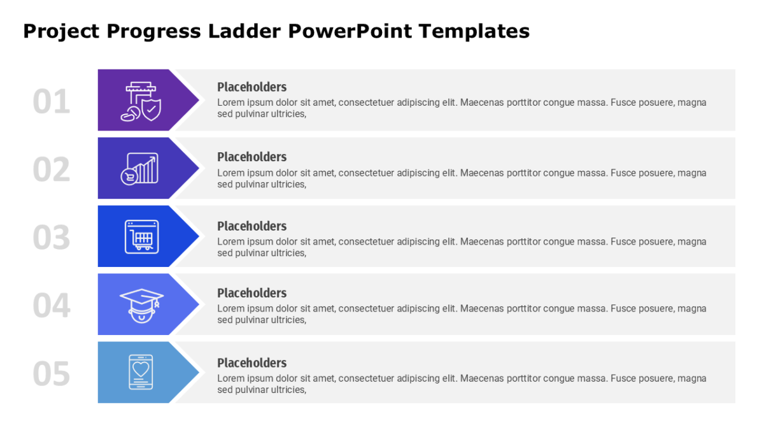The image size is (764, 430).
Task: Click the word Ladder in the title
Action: pos(244,31)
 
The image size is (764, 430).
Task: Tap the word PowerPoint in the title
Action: pos(350,31)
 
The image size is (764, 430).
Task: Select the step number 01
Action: pos(52,101)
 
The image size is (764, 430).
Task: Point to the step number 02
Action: pos(52,169)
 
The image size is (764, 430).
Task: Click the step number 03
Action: pos(52,237)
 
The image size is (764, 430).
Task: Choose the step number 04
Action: pos(52,305)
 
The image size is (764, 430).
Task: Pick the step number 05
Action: pos(52,374)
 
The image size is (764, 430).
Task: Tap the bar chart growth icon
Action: pos(140,169)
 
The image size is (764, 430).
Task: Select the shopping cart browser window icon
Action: pos(141,237)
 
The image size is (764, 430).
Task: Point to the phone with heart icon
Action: pos(141,372)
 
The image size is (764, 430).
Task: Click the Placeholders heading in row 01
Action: pos(251,87)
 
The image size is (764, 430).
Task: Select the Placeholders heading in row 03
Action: pos(251,226)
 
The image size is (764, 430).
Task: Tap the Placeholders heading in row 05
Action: pos(251,363)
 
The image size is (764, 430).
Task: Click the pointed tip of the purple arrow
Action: pos(199,100)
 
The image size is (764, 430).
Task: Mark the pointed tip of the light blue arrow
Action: pos(199,372)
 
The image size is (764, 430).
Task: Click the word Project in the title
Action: pos(61,32)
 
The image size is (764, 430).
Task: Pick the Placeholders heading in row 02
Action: pos(251,157)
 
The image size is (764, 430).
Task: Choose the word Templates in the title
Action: pos(474,32)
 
